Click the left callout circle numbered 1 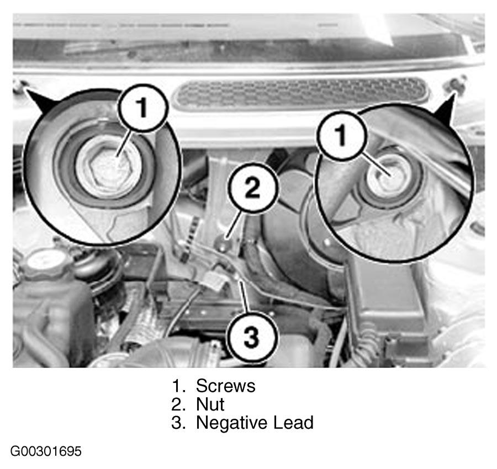[x=142, y=108]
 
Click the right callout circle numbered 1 [x=341, y=136]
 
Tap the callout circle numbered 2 [x=252, y=188]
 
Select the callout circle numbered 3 [x=252, y=337]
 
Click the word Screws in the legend [x=225, y=386]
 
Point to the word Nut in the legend [x=210, y=404]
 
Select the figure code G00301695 [x=46, y=451]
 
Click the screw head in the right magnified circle [x=387, y=178]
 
